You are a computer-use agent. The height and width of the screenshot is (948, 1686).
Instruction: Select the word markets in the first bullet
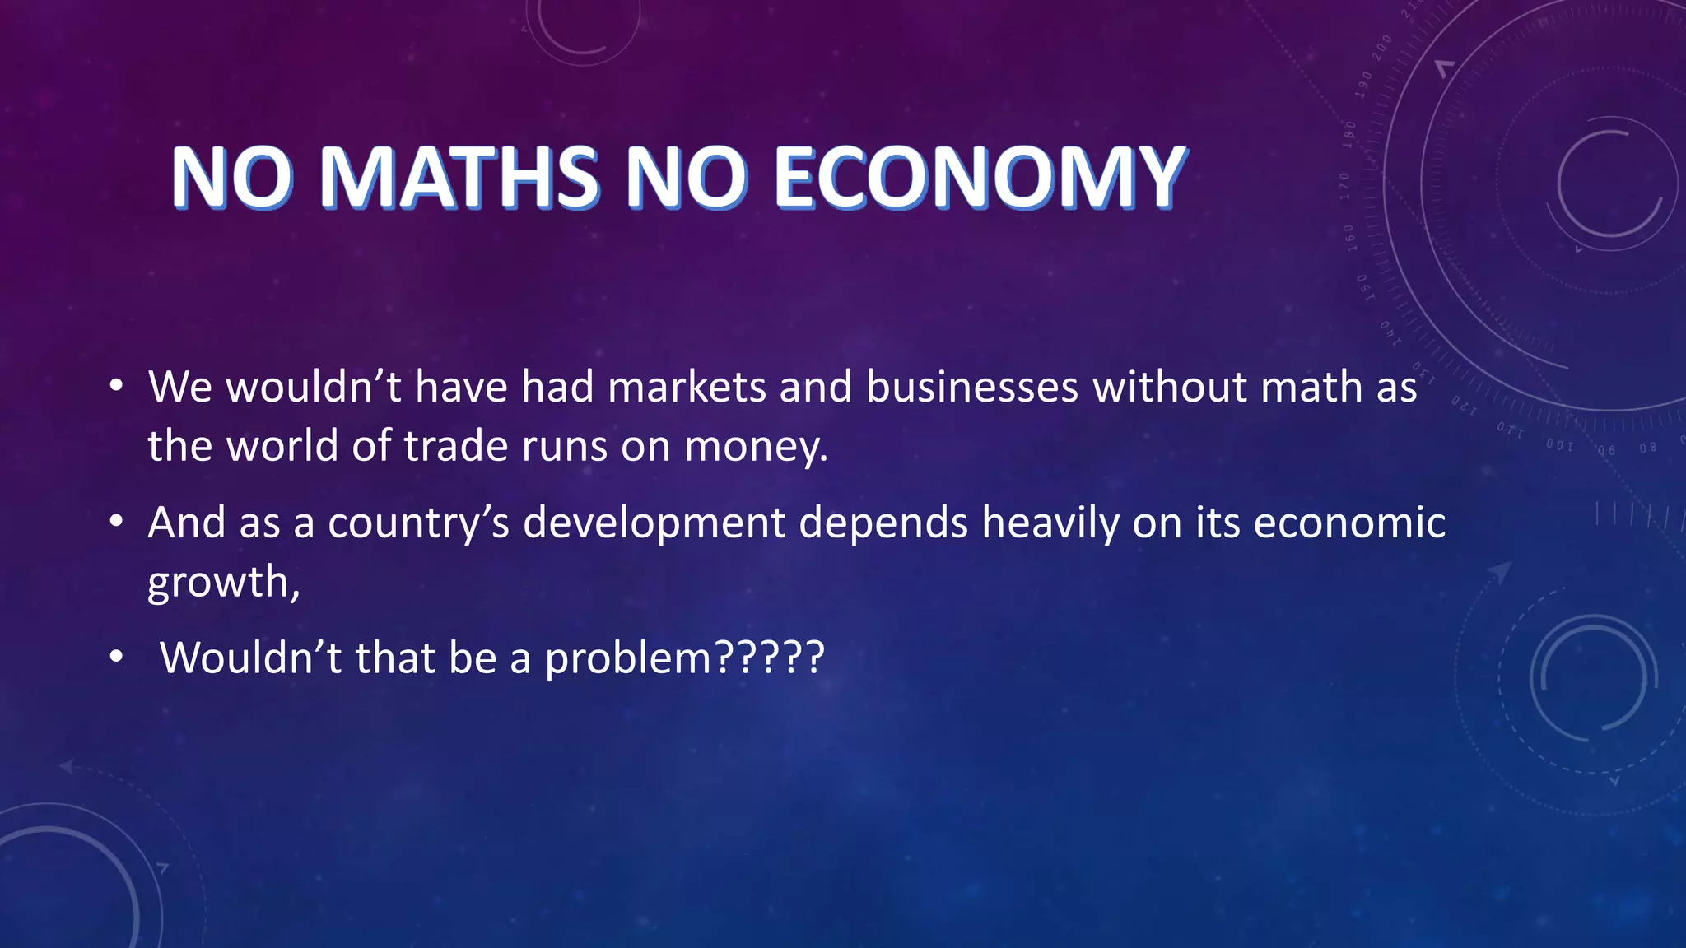point(687,387)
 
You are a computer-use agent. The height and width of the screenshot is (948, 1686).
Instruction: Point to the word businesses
point(971,387)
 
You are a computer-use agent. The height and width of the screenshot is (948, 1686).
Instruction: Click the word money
point(755,447)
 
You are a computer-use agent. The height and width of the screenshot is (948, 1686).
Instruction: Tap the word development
point(654,523)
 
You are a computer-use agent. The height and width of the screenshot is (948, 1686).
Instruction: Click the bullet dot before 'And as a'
point(116,522)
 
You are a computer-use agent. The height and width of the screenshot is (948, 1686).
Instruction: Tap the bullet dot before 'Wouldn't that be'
point(116,658)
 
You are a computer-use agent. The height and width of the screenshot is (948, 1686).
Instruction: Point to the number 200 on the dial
point(1381,46)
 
